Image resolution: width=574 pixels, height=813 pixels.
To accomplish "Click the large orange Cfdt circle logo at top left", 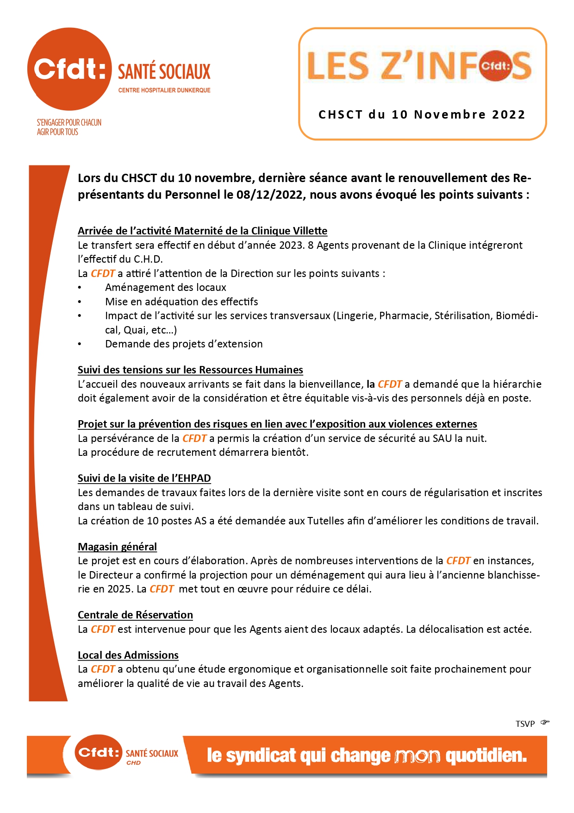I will click(x=69, y=69).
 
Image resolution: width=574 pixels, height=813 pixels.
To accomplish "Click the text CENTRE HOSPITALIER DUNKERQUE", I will click(x=164, y=90).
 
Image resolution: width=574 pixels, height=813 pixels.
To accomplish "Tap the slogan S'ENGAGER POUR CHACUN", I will click(x=69, y=122).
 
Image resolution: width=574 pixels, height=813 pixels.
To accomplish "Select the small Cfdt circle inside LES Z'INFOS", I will click(x=495, y=66).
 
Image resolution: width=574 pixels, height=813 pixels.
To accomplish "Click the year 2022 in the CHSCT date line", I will click(x=508, y=115).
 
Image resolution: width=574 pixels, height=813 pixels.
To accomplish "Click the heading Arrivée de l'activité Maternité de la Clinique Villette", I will click(x=202, y=231).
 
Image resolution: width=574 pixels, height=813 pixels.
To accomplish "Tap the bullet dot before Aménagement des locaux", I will click(x=80, y=288).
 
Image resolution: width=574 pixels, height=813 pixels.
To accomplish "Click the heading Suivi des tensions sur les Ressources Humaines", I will click(x=190, y=370).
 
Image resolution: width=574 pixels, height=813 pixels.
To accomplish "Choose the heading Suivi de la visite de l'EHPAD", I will click(x=144, y=478).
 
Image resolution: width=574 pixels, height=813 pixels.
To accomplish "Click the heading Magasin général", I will click(x=117, y=547).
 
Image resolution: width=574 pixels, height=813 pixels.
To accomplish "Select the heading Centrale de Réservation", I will click(x=135, y=615).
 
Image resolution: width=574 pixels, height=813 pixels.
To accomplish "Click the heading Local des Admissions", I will click(x=128, y=655).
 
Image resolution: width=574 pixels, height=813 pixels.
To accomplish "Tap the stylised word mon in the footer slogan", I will click(x=417, y=756).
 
